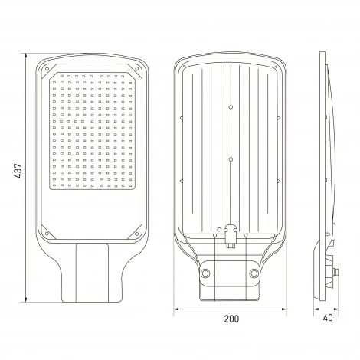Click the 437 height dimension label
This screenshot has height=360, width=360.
[x=18, y=171]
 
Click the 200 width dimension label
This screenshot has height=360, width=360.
[x=231, y=319]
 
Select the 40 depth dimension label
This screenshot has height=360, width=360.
[x=328, y=318]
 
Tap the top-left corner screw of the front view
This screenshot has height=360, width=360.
[x=47, y=68]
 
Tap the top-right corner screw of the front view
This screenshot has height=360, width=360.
[x=137, y=68]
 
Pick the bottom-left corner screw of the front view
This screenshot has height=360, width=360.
[x=47, y=234]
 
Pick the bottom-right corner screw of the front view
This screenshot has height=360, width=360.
[x=137, y=234]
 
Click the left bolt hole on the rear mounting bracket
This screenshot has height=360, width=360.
[x=205, y=273]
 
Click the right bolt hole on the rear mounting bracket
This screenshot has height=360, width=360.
[x=254, y=273]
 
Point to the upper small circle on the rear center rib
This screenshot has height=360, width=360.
[x=231, y=107]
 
